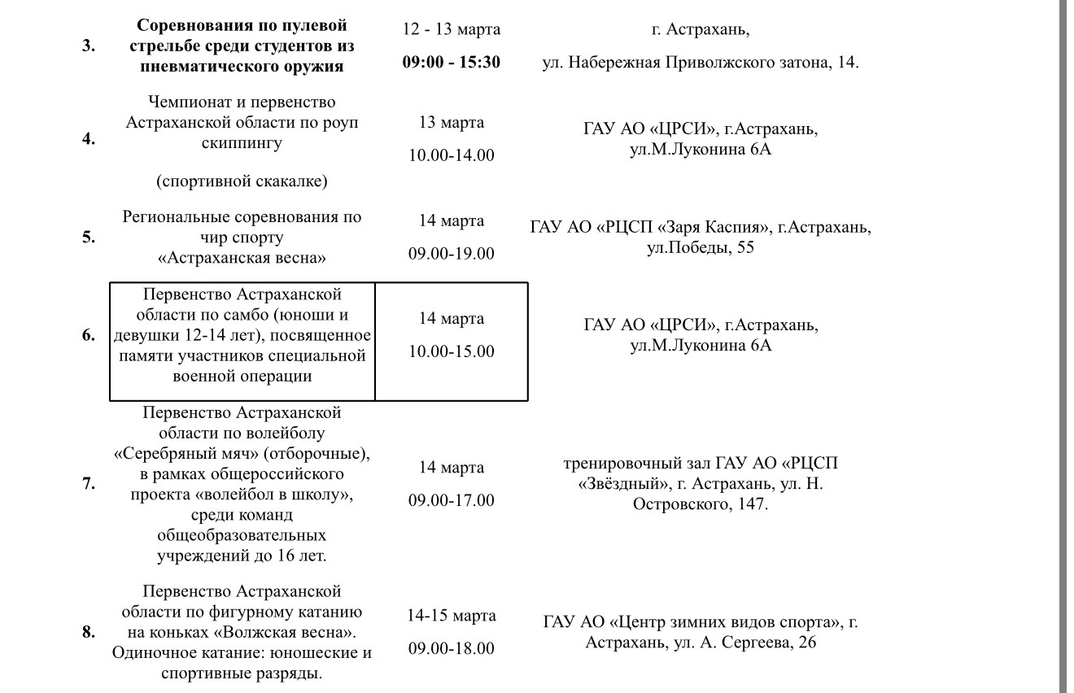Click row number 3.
coord(88,46)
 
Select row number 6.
coord(88,335)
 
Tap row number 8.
coord(88,631)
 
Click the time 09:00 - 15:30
coord(452,63)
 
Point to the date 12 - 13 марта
coord(452,29)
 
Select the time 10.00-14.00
coord(452,155)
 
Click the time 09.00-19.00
coord(452,254)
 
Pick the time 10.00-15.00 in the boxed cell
coord(452,352)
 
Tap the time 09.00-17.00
coord(452,500)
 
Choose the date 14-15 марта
coord(452,616)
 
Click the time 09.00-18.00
coord(452,648)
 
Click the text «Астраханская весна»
coord(242,259)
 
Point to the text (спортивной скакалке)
coord(242,181)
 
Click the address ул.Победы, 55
coord(701,247)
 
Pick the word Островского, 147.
coord(701,504)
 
